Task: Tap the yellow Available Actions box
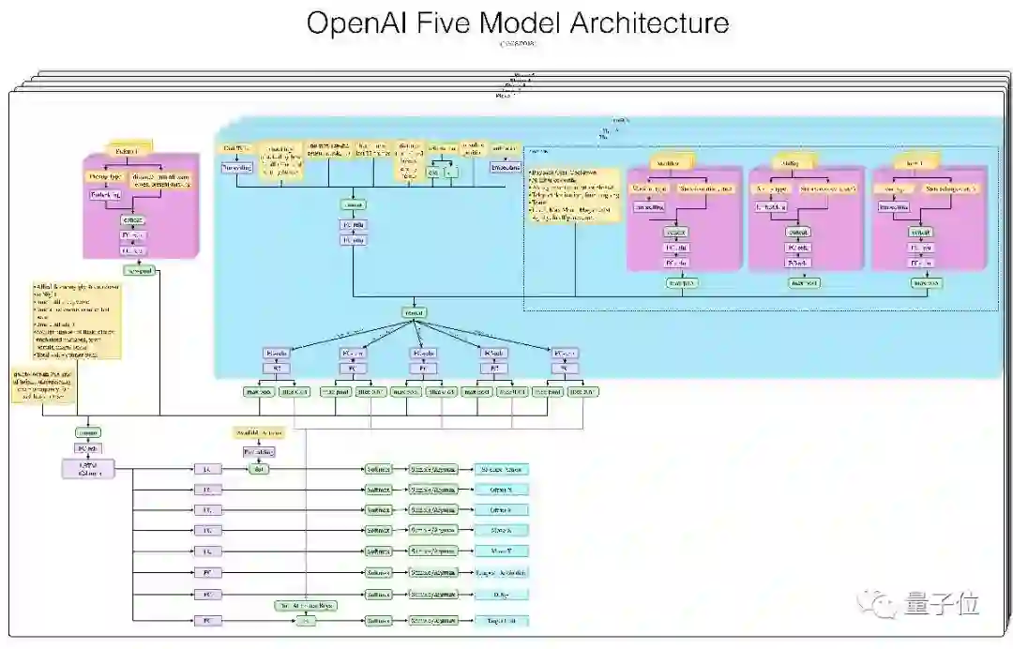tap(259, 433)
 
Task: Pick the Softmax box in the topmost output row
tap(379, 469)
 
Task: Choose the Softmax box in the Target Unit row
tap(379, 621)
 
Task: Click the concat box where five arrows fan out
tap(414, 312)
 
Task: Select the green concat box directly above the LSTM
tap(89, 432)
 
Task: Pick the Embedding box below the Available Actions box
tap(259, 452)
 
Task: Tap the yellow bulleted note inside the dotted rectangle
tap(573, 192)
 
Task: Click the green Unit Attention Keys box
tap(306, 606)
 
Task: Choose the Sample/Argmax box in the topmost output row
tap(433, 469)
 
